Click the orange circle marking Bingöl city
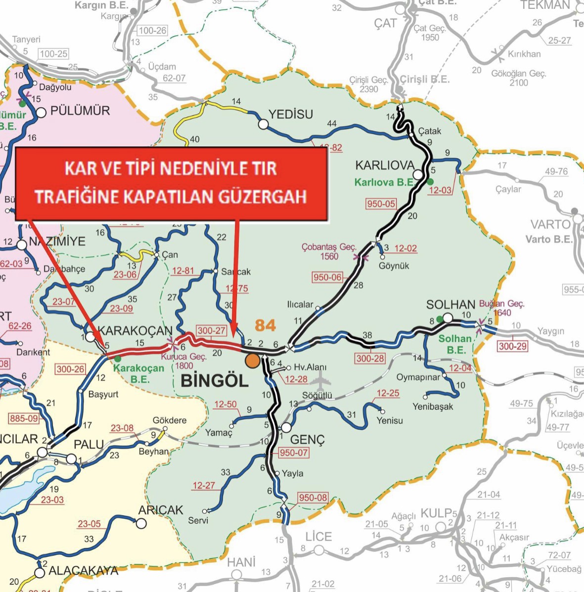tap(252, 361)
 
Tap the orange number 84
tap(265, 325)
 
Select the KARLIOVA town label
tap(384, 165)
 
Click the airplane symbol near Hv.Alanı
tap(321, 379)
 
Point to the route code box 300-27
tap(211, 331)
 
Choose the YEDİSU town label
tap(291, 114)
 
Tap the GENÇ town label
tap(307, 440)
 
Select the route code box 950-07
tap(293, 453)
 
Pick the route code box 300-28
tap(370, 358)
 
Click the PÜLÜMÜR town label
tap(80, 110)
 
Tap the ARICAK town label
tap(161, 510)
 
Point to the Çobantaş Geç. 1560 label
tap(329, 251)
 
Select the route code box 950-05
tap(381, 204)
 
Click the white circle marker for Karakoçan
tap(90, 337)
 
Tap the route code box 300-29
tap(512, 346)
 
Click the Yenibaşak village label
tap(433, 407)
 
